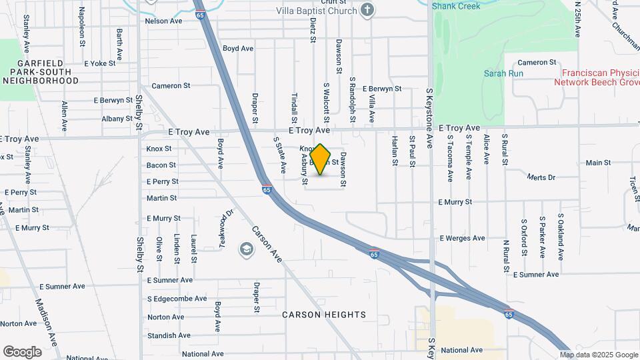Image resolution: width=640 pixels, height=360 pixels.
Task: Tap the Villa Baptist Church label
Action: tap(317, 11)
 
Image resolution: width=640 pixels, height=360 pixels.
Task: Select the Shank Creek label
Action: tap(455, 6)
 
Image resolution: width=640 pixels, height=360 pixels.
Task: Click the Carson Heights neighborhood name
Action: tap(324, 314)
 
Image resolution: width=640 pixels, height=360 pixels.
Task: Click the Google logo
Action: tap(22, 352)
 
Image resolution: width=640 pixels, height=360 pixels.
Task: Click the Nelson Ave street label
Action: tap(163, 21)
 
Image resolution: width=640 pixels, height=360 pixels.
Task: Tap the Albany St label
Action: tap(117, 119)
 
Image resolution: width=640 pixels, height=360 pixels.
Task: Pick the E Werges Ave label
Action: tap(462, 238)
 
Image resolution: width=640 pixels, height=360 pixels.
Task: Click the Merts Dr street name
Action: tap(541, 177)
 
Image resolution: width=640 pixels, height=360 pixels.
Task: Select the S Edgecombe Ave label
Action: tap(177, 299)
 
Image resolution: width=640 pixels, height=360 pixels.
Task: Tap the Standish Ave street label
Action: tap(165, 335)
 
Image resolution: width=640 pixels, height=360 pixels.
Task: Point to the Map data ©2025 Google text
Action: tap(599, 355)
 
